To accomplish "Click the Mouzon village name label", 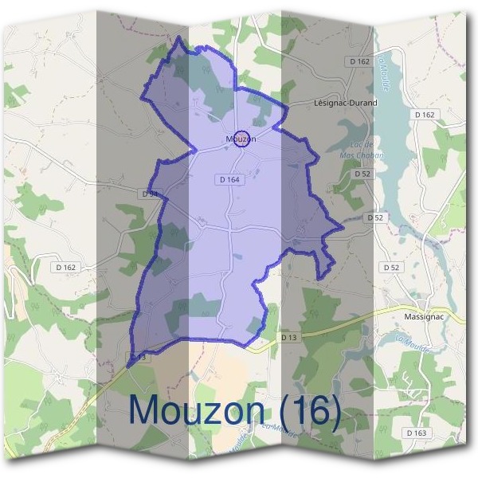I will pyautogui.click(x=241, y=139).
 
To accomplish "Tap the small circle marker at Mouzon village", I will pyautogui.click(x=244, y=138).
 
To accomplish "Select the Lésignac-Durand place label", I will pyautogui.click(x=346, y=103).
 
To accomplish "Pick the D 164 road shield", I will pyautogui.click(x=229, y=180).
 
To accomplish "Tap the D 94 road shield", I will pyautogui.click(x=151, y=194).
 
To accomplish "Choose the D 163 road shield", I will pyautogui.click(x=416, y=433).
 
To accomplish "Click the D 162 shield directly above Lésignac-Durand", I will pyautogui.click(x=360, y=61).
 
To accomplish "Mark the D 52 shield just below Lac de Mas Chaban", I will pyautogui.click(x=362, y=173).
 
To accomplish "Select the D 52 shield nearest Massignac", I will pyautogui.click(x=390, y=268).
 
